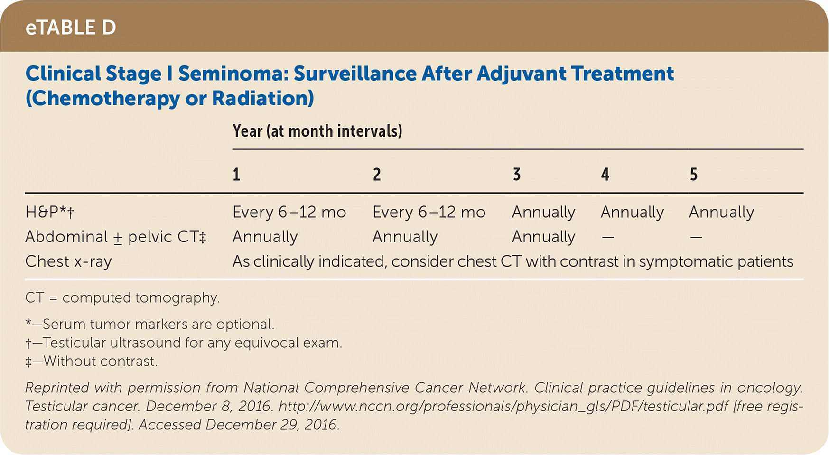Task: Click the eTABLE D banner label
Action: click(x=71, y=28)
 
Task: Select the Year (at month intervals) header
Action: click(x=317, y=131)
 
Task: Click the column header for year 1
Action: click(x=236, y=175)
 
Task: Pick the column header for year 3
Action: click(x=517, y=175)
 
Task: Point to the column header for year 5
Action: click(x=694, y=175)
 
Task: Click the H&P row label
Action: click(x=50, y=212)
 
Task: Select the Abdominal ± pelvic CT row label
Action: click(x=116, y=237)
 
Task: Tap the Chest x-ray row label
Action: click(x=68, y=261)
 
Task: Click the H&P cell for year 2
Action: click(x=429, y=212)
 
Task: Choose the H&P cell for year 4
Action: click(x=632, y=212)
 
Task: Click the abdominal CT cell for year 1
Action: click(x=265, y=237)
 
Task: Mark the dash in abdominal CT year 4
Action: click(x=607, y=237)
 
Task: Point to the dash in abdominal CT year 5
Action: click(x=696, y=237)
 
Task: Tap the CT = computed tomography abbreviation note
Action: click(x=122, y=297)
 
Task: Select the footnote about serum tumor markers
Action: click(x=150, y=324)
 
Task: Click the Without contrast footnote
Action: click(x=91, y=362)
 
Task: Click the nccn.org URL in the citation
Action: click(x=503, y=407)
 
